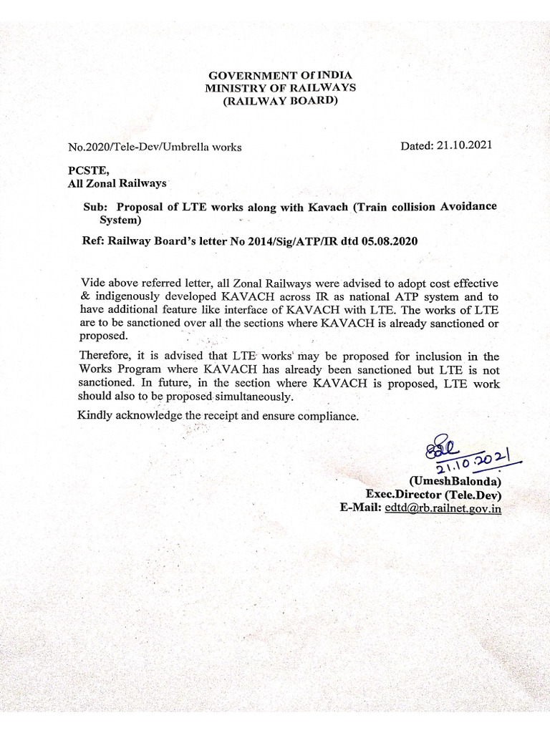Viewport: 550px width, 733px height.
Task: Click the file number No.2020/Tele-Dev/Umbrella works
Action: (154, 147)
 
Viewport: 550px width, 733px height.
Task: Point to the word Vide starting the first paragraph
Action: (93, 283)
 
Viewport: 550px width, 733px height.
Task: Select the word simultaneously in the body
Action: (253, 397)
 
